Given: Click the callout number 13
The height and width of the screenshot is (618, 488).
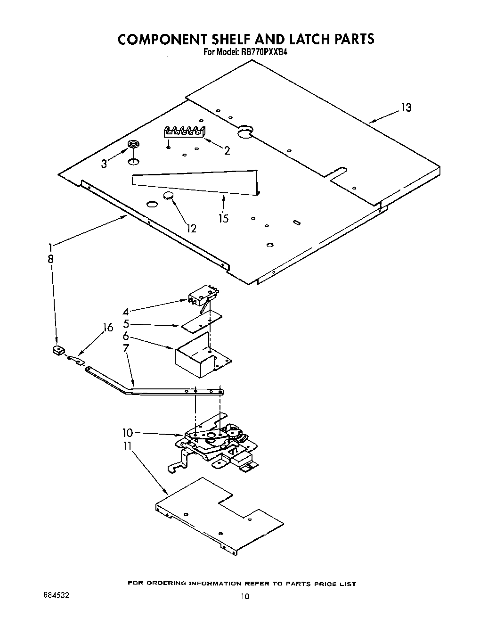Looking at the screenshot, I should pyautogui.click(x=406, y=108).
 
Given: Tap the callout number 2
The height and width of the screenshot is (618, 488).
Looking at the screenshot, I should pyautogui.click(x=227, y=151).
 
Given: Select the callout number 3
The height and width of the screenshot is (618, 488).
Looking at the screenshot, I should pyautogui.click(x=104, y=164).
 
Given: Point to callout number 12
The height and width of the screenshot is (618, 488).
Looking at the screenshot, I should pyautogui.click(x=191, y=229).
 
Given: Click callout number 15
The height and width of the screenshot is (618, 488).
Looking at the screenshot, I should pyautogui.click(x=223, y=218).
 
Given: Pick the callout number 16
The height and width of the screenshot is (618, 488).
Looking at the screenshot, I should pyautogui.click(x=108, y=328).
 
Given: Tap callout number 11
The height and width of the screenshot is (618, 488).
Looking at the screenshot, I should pyautogui.click(x=127, y=446).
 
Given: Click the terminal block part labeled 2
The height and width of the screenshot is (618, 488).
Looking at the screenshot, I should pyautogui.click(x=185, y=132).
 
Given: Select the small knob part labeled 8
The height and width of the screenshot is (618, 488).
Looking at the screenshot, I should pyautogui.click(x=58, y=350).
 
